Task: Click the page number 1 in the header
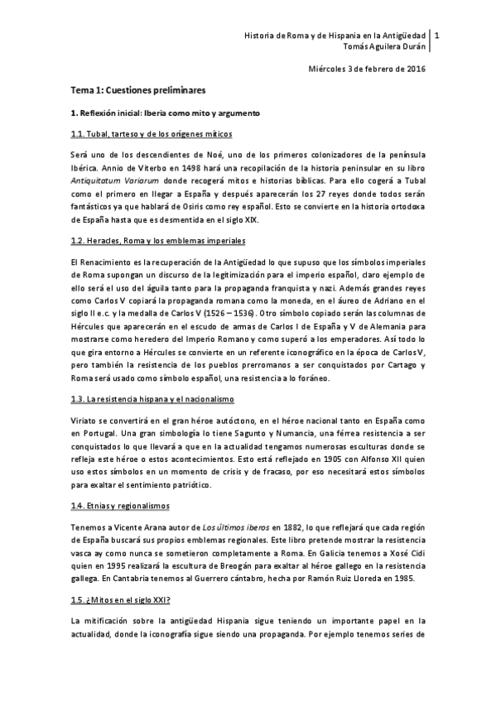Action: [x=437, y=36]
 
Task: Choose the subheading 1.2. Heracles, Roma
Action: [x=157, y=240]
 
